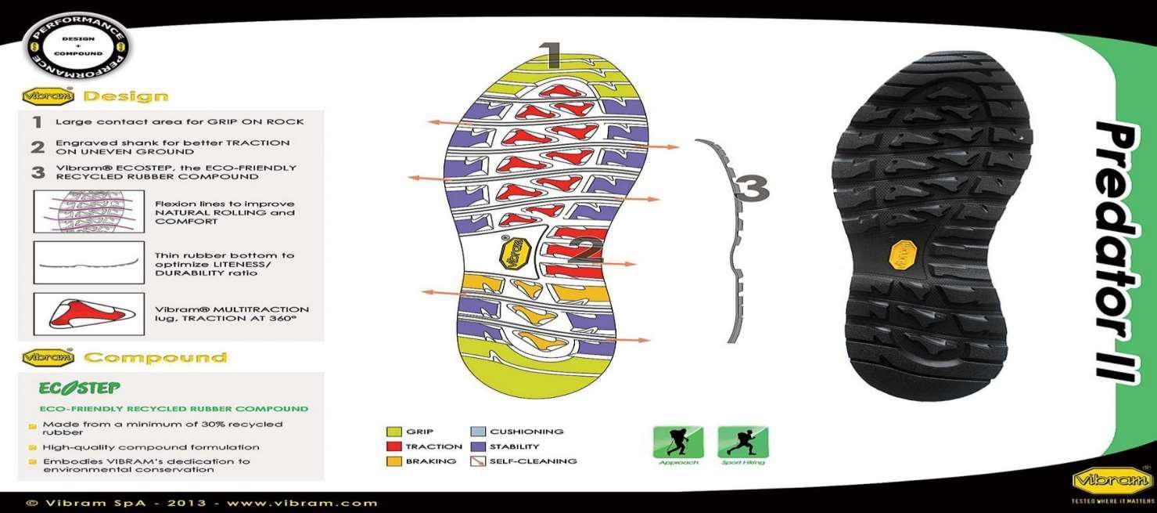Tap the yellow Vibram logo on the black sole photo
pos(901,255)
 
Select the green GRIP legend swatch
pos(393,432)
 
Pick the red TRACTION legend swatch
pos(393,446)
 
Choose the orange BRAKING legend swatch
pos(393,461)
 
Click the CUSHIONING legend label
pos(526,432)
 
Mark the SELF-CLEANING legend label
pos(533,461)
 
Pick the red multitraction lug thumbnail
pos(88,313)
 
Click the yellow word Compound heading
pos(155,358)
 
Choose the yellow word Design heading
pos(125,97)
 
